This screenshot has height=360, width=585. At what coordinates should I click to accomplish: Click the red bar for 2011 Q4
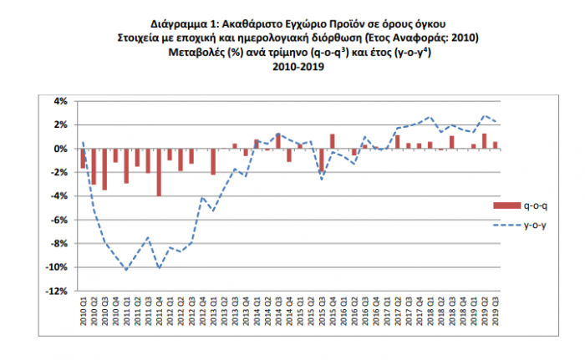pos(159,172)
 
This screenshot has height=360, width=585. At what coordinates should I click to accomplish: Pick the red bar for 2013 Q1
pos(213,161)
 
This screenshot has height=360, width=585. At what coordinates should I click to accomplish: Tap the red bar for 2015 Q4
pos(333,141)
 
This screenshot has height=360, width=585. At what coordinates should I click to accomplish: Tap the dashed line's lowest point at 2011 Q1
pos(126,270)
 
